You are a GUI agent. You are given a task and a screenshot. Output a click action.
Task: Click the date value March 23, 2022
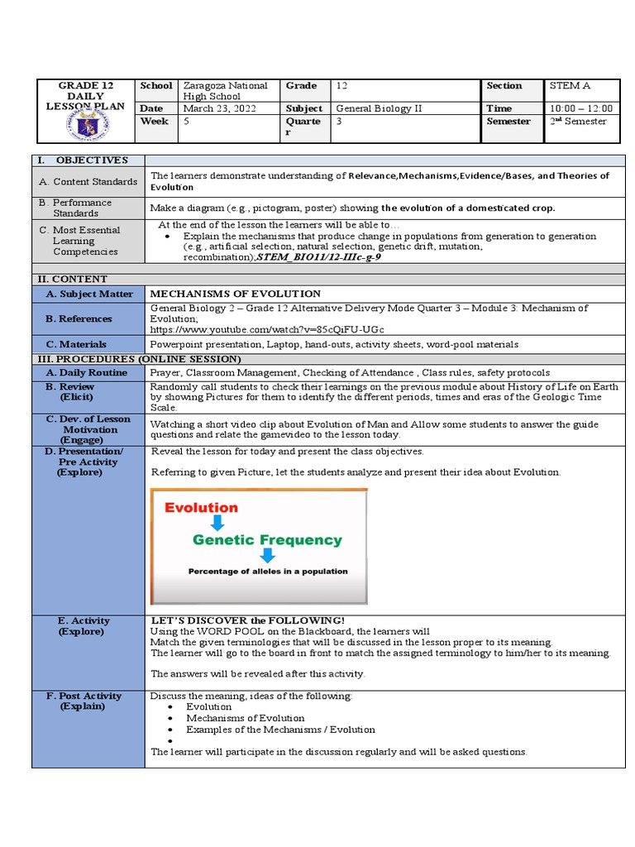(x=208, y=108)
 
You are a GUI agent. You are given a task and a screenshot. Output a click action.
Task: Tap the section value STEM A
(x=571, y=86)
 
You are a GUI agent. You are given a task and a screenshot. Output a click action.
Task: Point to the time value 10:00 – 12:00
(x=580, y=108)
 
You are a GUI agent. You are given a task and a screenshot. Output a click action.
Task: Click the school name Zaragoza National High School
(x=225, y=91)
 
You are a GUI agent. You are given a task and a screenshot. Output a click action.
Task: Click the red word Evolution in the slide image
(x=201, y=508)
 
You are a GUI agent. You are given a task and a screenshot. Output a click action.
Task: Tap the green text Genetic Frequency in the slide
(x=266, y=540)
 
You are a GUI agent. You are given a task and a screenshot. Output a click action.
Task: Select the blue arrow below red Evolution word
(x=217, y=523)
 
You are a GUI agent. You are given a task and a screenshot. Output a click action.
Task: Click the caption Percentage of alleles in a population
(x=268, y=571)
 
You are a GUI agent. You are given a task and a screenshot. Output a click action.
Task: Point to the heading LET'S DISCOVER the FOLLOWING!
(x=247, y=620)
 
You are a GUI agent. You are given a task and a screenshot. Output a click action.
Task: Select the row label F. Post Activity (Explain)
(x=87, y=701)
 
